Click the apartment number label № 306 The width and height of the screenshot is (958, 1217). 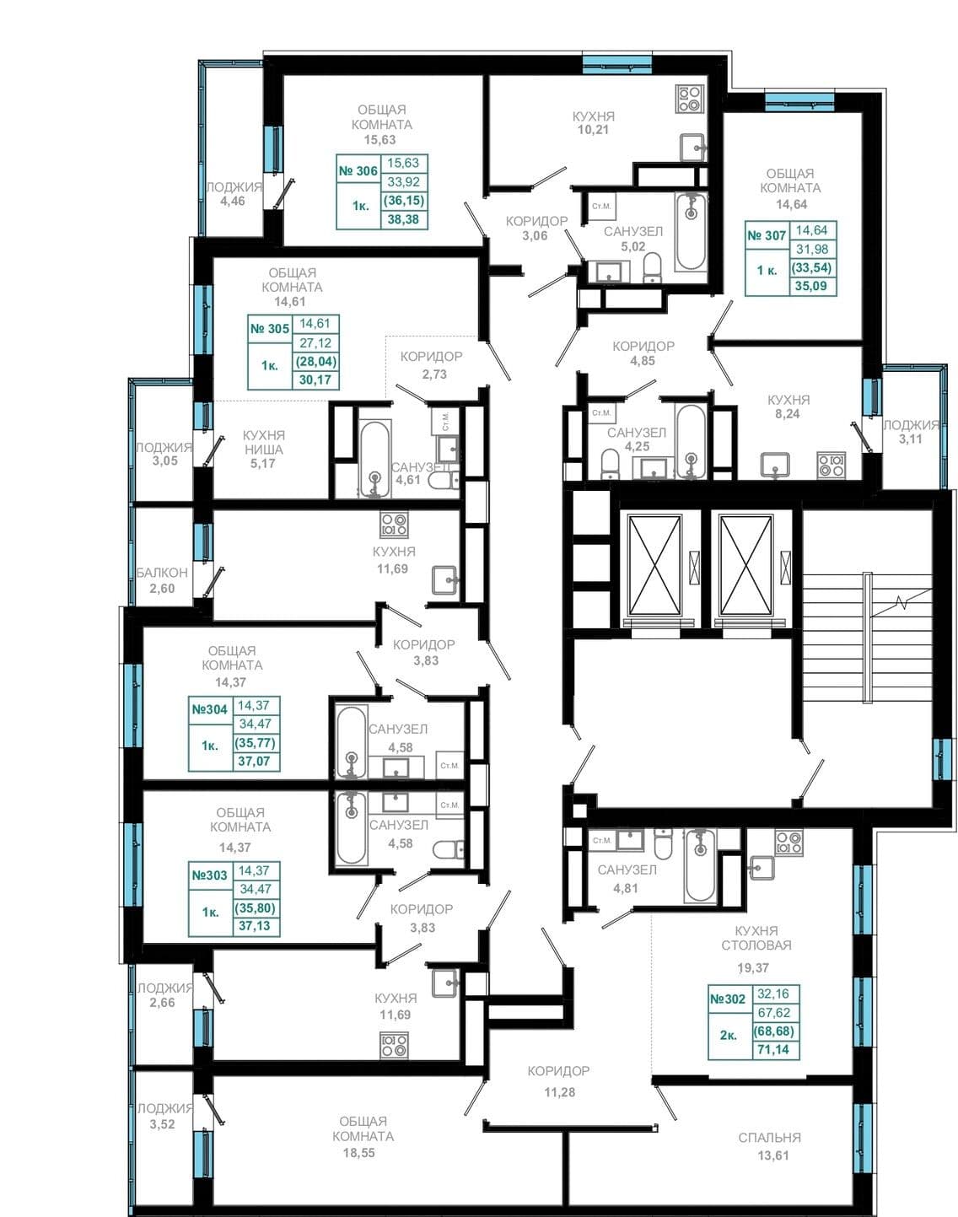(358, 171)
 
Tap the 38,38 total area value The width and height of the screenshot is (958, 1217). (403, 219)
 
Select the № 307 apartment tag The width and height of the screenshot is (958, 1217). (767, 236)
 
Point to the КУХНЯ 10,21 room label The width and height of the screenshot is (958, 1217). (593, 123)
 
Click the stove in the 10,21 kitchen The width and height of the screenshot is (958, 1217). (689, 99)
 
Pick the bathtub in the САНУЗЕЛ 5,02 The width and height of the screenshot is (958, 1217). (691, 231)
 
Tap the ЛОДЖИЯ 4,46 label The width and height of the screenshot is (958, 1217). (234, 194)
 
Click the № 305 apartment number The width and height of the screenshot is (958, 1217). (270, 329)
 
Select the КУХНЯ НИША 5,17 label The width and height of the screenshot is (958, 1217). (264, 450)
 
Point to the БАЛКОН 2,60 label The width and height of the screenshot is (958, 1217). (162, 580)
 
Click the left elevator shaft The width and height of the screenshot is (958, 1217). (655, 564)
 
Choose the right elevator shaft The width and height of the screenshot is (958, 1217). (745, 564)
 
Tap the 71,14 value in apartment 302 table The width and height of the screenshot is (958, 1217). (775, 1050)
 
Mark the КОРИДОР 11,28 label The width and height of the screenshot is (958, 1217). (559, 1081)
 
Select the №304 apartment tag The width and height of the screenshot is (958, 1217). (209, 709)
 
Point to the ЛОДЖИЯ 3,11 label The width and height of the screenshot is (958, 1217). (911, 432)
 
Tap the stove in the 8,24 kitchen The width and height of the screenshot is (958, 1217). (832, 465)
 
